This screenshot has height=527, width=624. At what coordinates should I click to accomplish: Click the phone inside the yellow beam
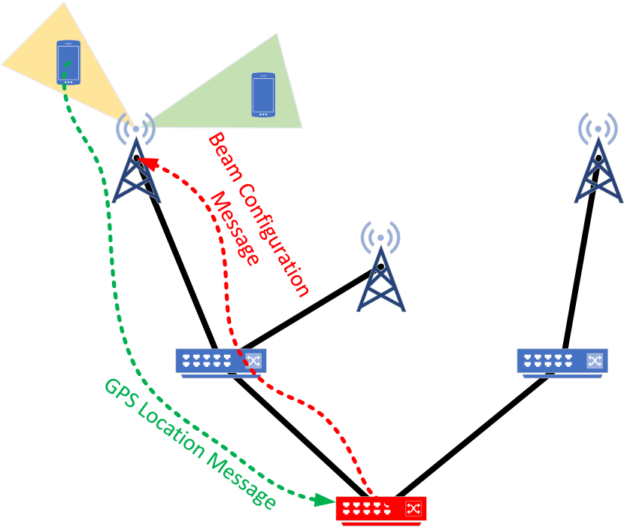coord(68,62)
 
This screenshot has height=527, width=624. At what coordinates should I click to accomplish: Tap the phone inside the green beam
coord(263,95)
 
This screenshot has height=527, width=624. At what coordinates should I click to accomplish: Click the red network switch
coord(380,510)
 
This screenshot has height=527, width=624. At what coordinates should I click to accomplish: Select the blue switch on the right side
coord(562,362)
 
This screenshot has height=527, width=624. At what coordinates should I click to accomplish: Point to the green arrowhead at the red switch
coord(325,499)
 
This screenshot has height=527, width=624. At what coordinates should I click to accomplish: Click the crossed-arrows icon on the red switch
coord(413,508)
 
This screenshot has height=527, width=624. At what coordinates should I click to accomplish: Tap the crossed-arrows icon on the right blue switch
coord(595,360)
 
